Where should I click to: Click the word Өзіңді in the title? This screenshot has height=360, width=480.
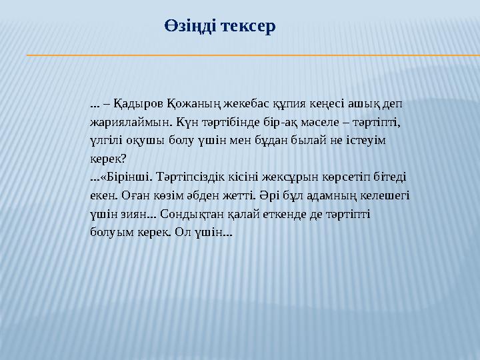pos(189,27)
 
